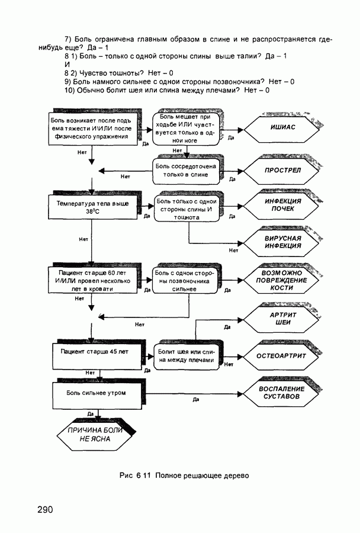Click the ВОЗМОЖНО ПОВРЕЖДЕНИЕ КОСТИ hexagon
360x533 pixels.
tap(281, 280)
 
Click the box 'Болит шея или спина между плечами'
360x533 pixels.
tap(186, 356)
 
